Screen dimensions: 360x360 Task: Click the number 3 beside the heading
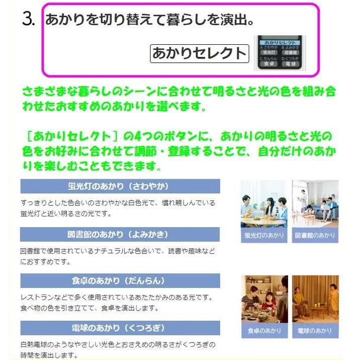pyautogui.click(x=28, y=20)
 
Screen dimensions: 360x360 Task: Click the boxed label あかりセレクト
pyautogui.click(x=199, y=53)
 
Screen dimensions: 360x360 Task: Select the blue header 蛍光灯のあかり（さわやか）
pyautogui.click(x=120, y=186)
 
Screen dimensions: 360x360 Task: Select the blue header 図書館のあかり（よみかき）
pyautogui.click(x=120, y=234)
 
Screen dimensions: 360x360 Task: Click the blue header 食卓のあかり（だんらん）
pyautogui.click(x=120, y=280)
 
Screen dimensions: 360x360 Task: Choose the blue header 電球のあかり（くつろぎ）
pyautogui.click(x=120, y=328)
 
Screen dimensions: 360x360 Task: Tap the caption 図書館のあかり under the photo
pyautogui.click(x=315, y=236)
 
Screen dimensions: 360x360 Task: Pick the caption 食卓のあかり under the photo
pyautogui.click(x=264, y=331)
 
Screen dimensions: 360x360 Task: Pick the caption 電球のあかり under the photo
pyautogui.click(x=315, y=331)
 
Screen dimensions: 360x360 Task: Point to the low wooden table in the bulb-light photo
pyautogui.click(x=314, y=312)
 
